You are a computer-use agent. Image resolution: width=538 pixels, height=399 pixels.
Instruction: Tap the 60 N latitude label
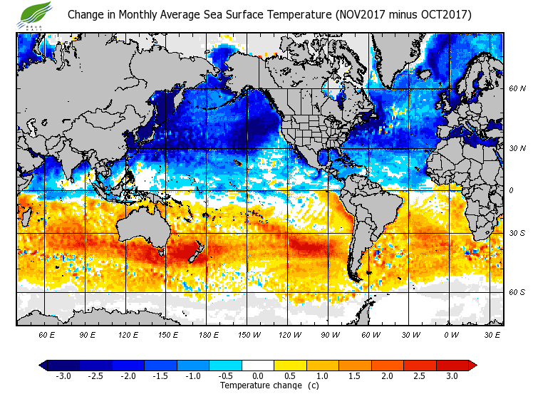click(x=517, y=88)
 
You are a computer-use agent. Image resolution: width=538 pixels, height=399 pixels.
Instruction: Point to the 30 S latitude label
click(x=517, y=233)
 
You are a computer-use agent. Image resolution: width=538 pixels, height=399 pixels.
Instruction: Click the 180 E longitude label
click(x=208, y=334)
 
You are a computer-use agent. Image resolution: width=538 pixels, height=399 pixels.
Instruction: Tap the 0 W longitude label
click(x=450, y=334)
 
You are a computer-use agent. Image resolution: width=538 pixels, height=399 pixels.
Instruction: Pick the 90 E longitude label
click(x=87, y=334)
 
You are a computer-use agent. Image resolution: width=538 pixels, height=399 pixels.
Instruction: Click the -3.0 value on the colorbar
click(x=63, y=375)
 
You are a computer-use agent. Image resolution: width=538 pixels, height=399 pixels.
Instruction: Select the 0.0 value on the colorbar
click(x=258, y=375)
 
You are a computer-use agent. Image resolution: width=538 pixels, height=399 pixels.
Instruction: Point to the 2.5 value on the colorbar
click(x=420, y=375)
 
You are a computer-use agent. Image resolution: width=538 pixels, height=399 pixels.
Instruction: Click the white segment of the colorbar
click(x=258, y=365)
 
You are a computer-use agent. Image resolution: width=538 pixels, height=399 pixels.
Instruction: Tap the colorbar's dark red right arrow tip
click(x=472, y=365)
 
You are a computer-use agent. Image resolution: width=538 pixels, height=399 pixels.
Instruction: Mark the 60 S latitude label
click(x=517, y=292)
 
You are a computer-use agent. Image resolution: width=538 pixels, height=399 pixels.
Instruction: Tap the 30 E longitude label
click(x=492, y=334)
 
